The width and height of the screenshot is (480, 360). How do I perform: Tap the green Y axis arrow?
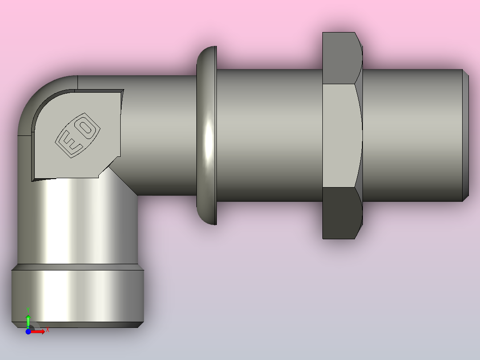coord(28,321)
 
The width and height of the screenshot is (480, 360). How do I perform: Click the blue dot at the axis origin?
coord(28,331)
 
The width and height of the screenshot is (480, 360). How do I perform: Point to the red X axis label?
coord(48,330)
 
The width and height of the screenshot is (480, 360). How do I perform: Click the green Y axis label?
coord(28,310)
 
